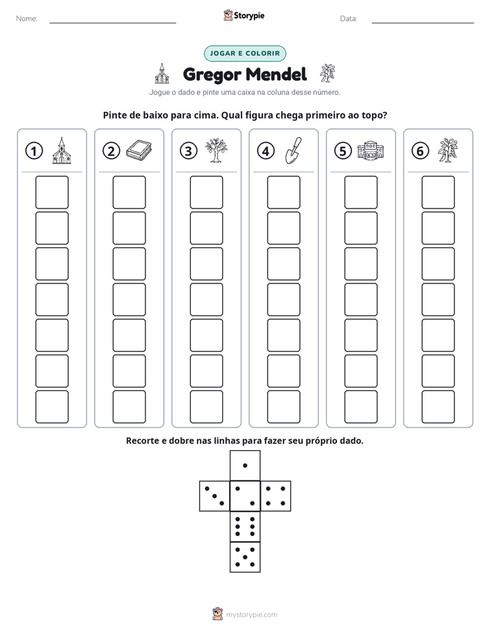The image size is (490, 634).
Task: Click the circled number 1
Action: point(34,151)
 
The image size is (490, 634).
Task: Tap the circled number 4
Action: point(266,151)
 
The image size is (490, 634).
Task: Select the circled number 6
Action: point(420,151)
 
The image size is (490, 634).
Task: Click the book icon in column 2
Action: point(139,150)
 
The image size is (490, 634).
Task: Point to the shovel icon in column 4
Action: point(294,150)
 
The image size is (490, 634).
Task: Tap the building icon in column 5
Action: point(371,150)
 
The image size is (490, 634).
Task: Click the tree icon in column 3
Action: point(216,150)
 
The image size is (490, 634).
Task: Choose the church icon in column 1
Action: point(62,150)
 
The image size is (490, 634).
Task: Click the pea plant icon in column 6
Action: point(447,150)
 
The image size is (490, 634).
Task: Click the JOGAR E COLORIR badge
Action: point(245,54)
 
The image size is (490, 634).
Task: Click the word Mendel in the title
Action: point(276,74)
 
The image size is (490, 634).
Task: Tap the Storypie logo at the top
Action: point(244,15)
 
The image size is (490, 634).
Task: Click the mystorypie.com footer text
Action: point(251,615)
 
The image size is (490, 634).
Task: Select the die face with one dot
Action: point(245,465)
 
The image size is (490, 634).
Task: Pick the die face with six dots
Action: point(245,526)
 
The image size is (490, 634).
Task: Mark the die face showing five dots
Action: point(245,557)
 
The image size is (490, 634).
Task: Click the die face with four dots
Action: point(276,496)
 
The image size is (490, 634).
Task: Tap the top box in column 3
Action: point(206,192)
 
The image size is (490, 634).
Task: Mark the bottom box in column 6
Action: point(439,407)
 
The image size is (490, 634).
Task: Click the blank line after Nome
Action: point(113,23)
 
